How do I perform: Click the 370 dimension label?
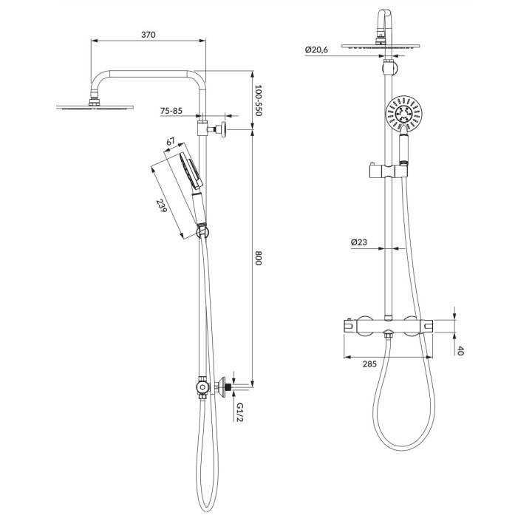(x=149, y=35)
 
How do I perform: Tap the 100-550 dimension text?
(x=259, y=100)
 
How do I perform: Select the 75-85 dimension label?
(x=171, y=111)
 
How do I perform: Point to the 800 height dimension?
(x=259, y=258)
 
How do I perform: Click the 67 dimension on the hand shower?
(x=171, y=141)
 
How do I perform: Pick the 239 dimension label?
(x=162, y=205)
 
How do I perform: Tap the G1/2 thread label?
(x=240, y=412)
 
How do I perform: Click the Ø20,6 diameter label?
(x=316, y=50)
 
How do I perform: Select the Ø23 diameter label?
(x=359, y=242)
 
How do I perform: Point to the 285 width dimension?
(x=369, y=364)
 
